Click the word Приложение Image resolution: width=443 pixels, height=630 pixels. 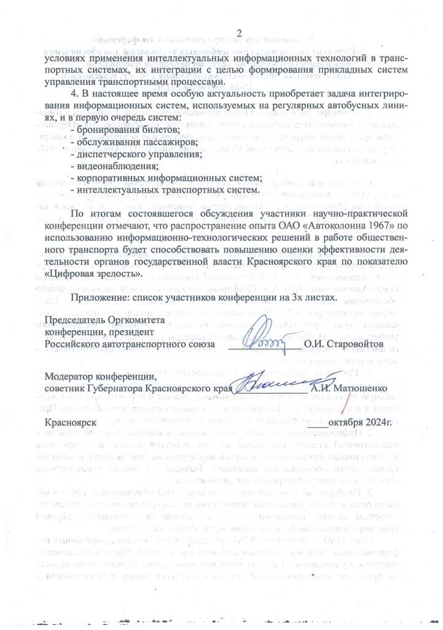[x=102, y=298]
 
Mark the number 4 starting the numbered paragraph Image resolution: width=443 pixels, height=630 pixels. [x=74, y=94]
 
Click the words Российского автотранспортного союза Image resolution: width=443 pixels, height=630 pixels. [x=130, y=344]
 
